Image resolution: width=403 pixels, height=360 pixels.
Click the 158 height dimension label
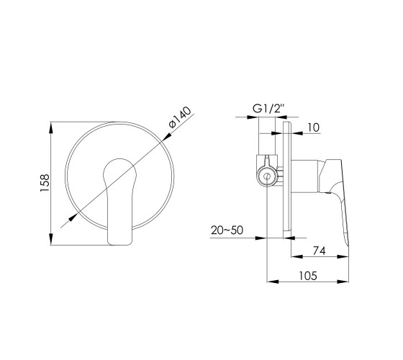[x=45, y=183]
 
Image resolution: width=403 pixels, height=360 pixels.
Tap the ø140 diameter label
[x=180, y=117]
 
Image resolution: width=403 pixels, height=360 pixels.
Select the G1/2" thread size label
[x=269, y=109]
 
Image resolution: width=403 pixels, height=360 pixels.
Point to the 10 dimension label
[x=313, y=127]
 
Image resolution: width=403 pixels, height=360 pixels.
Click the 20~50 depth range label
[x=227, y=230]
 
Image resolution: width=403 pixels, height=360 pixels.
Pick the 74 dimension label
[x=319, y=251]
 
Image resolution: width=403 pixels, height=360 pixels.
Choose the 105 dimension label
[x=308, y=276]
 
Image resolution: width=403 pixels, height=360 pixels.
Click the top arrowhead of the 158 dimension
[x=51, y=127]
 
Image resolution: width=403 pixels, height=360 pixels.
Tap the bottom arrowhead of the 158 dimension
[x=51, y=239]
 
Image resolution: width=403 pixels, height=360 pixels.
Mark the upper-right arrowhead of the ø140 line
[x=167, y=137]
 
